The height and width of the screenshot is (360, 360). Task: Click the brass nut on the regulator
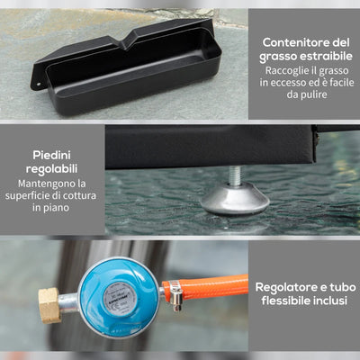[x=49, y=304]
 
